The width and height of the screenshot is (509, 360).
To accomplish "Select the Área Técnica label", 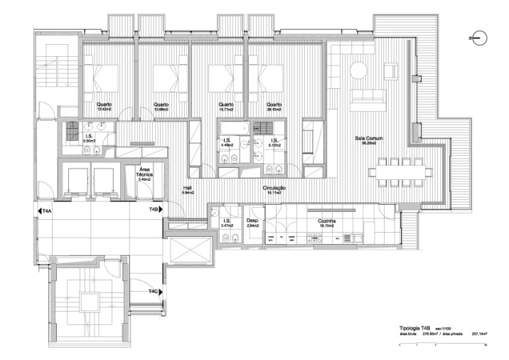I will click(149, 173).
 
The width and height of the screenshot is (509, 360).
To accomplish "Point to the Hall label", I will click(188, 188).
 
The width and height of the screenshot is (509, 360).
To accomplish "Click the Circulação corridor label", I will click(274, 188).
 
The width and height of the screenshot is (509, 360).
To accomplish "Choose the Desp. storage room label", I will click(253, 221).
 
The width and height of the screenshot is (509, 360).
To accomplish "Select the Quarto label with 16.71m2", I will click(226, 105).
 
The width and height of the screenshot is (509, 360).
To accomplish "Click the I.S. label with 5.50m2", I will click(90, 136).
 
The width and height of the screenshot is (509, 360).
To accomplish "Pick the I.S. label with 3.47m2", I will click(226, 221).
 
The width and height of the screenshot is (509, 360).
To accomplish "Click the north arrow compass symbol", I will click(477, 37).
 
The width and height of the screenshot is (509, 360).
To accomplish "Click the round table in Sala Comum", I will click(356, 72).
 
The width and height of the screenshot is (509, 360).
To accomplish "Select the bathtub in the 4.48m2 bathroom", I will click(232, 128).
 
